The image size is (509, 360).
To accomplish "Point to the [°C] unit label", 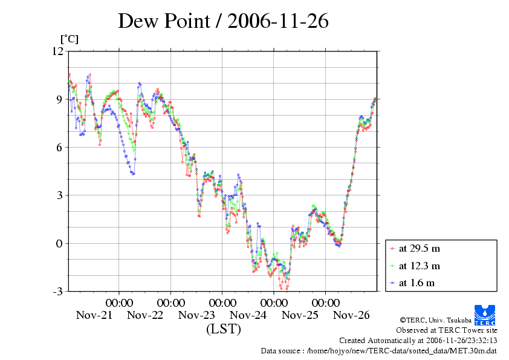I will (69, 39).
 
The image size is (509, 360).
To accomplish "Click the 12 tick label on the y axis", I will (57, 51).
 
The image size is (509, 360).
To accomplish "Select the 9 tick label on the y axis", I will (60, 99).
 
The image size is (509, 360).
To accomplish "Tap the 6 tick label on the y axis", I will (60, 147).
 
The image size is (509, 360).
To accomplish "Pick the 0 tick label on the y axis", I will (60, 243).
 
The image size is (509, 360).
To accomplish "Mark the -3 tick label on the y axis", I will (57, 292).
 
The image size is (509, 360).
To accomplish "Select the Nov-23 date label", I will (196, 315).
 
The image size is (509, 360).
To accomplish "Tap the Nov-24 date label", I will (248, 315).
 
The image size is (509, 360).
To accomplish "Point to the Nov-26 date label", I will (351, 315).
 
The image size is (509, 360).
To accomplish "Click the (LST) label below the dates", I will (223, 330).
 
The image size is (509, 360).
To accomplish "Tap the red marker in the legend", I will (393, 248).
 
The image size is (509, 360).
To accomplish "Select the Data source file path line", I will (378, 350).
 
